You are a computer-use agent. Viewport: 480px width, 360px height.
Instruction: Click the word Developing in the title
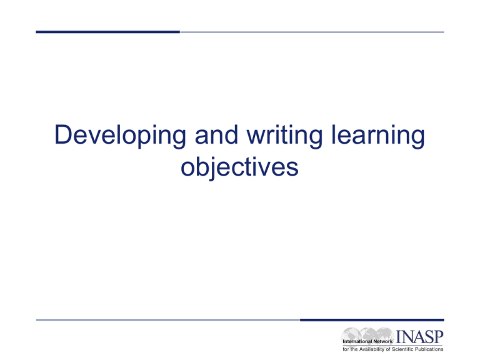120,136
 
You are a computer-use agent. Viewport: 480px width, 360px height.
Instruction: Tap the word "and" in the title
216,134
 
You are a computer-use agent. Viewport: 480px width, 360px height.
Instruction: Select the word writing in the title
285,136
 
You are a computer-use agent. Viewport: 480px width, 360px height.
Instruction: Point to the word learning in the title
378,136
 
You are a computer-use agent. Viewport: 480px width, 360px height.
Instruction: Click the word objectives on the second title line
239,168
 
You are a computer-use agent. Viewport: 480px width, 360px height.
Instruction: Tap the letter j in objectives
212,169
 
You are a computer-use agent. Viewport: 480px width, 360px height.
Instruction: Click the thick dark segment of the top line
107,32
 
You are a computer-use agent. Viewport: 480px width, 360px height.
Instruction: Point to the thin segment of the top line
312,32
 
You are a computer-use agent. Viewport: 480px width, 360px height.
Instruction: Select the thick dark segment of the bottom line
372,320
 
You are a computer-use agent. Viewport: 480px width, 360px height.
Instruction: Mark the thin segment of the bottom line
168,320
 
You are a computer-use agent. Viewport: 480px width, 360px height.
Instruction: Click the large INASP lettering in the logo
420,337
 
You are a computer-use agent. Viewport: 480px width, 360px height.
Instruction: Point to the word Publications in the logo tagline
429,349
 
